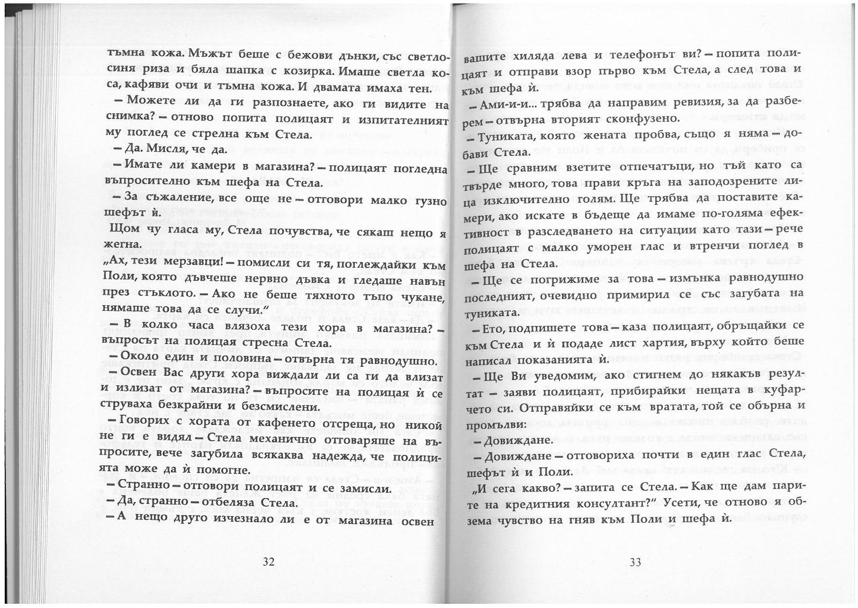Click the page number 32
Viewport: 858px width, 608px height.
(269, 562)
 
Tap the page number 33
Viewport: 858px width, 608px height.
(635, 563)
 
